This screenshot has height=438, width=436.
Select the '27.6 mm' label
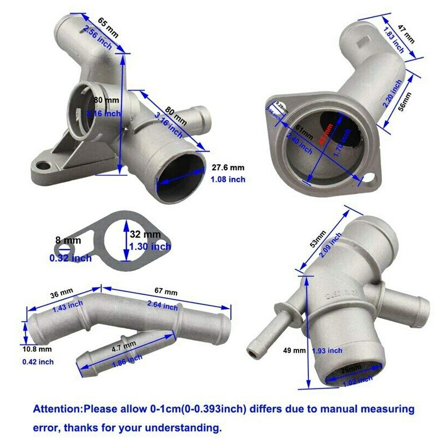(228, 167)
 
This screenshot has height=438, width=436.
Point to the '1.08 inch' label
(228, 180)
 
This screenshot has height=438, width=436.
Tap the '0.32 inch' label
(70, 258)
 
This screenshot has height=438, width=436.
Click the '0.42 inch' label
(37, 362)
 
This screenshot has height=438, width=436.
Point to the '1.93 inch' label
(327, 350)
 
